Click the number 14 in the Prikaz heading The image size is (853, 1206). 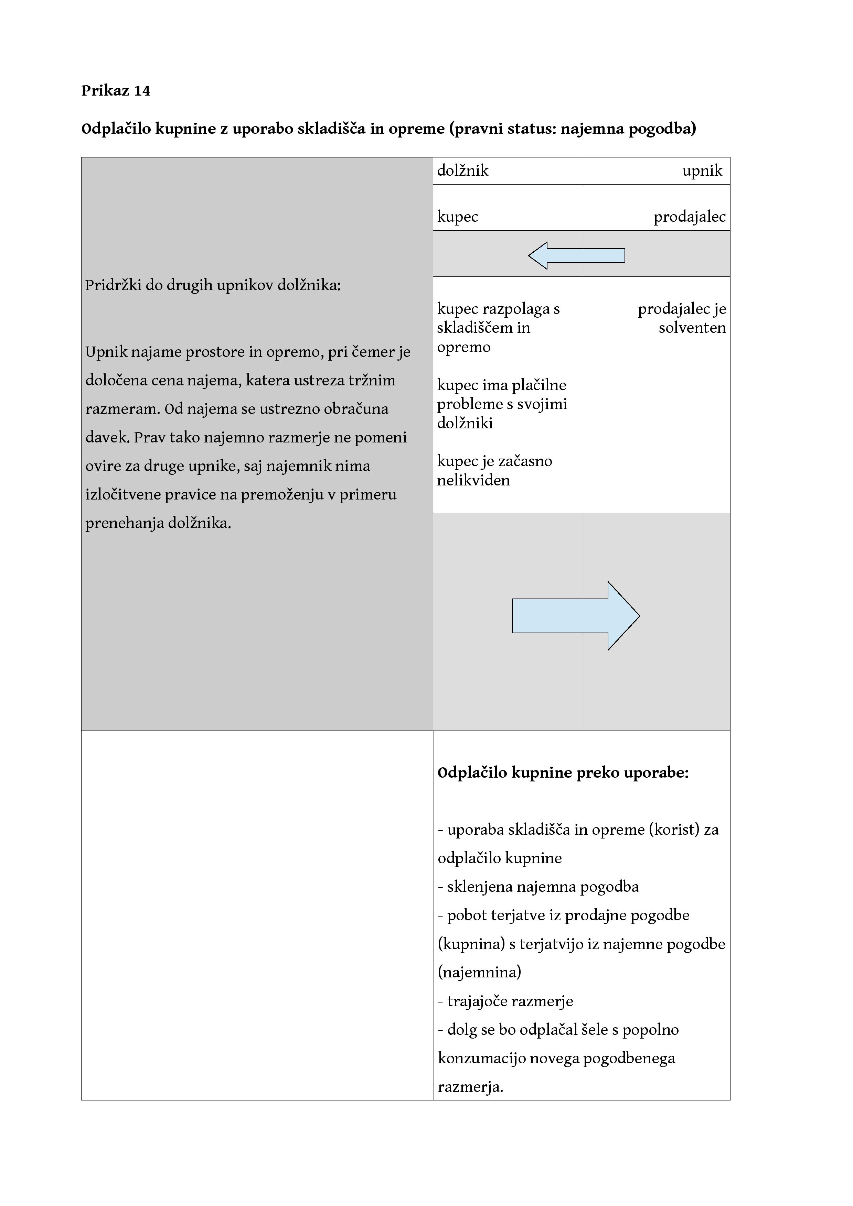(x=142, y=91)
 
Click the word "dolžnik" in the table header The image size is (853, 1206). (x=462, y=171)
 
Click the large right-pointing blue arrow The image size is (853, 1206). (x=576, y=616)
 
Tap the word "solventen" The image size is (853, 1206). (x=692, y=328)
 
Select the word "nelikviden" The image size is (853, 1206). (x=473, y=480)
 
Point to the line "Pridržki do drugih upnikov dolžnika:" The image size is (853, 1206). (x=213, y=285)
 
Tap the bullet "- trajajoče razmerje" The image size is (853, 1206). (x=505, y=1001)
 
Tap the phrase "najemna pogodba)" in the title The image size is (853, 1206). (x=628, y=129)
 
